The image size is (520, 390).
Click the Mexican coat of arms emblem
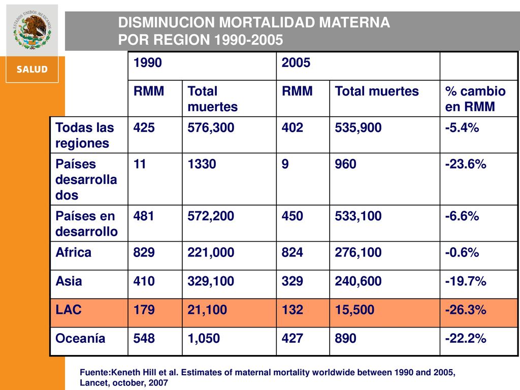point(32,30)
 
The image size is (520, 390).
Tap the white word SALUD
point(32,69)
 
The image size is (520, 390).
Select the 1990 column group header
point(148,62)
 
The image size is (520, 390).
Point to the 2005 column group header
point(296,62)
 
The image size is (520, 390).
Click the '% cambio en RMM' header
point(475,99)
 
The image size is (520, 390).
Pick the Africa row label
point(73,252)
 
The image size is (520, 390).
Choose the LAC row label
point(69,310)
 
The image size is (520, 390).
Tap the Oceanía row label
point(80,338)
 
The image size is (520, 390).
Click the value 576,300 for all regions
point(211,127)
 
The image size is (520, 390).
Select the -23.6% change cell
point(466,164)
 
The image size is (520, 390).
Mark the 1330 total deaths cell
point(202,164)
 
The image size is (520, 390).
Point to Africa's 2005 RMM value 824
point(292,252)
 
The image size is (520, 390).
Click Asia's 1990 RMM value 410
point(144,281)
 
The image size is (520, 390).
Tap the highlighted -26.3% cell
point(466,310)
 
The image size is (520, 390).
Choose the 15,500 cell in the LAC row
point(354,310)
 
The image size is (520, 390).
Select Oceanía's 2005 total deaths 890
point(345,338)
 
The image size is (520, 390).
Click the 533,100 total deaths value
point(358,216)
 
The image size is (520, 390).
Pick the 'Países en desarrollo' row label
point(86,224)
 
